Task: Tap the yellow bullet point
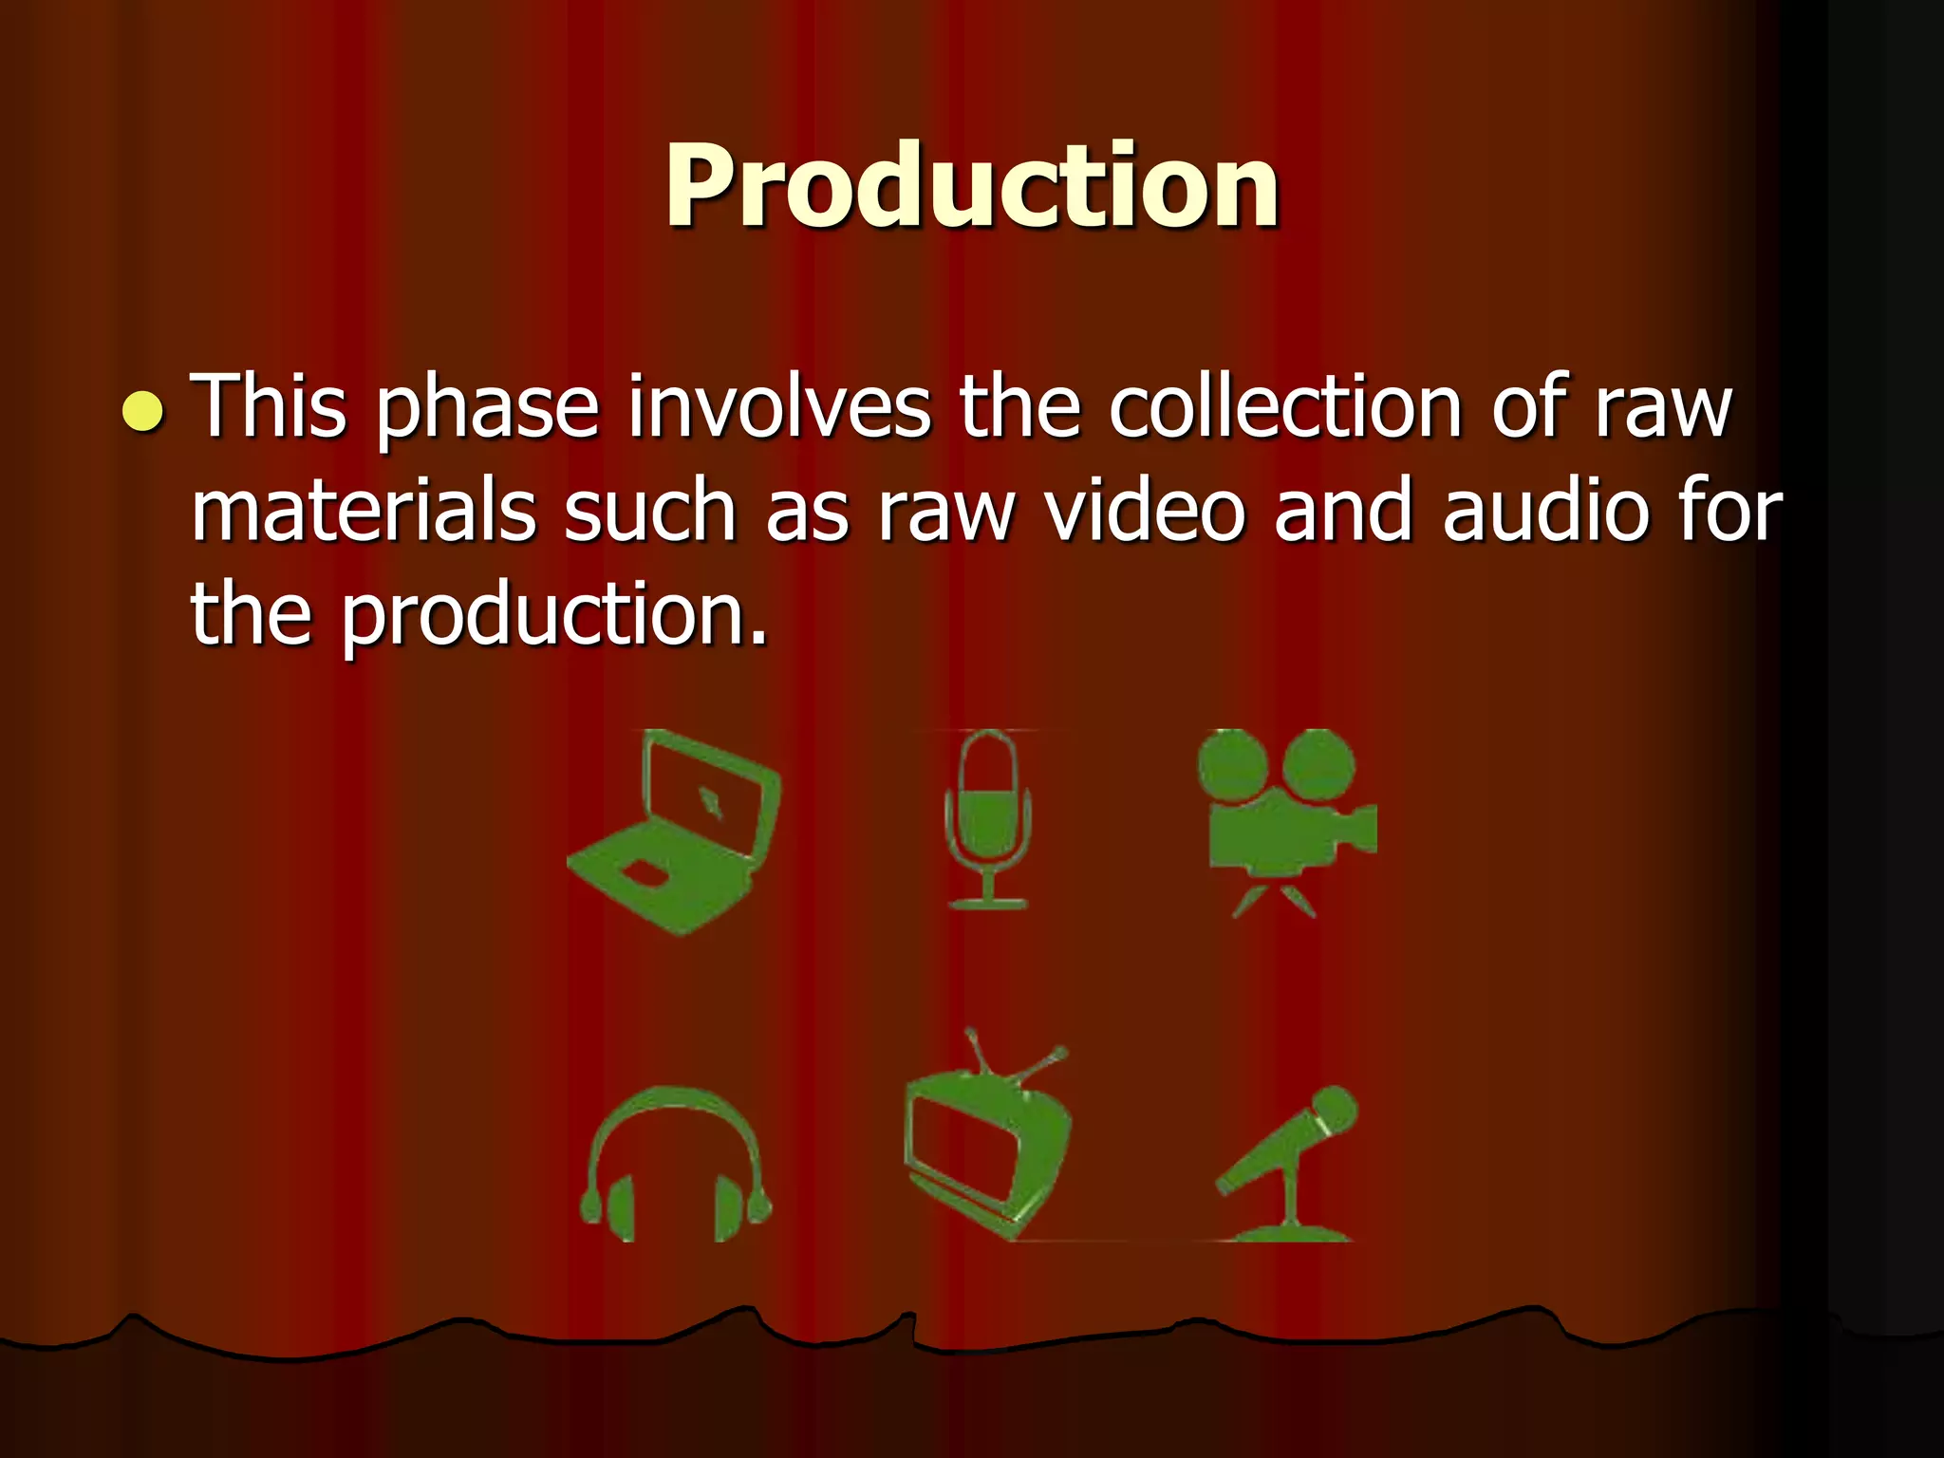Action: point(143,410)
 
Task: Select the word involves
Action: point(778,408)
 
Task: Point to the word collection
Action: point(1285,408)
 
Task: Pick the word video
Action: point(1145,513)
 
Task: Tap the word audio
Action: point(1545,513)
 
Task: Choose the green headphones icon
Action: point(676,1168)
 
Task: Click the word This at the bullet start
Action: point(269,408)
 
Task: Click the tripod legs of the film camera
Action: point(1274,897)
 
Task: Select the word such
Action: point(649,513)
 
